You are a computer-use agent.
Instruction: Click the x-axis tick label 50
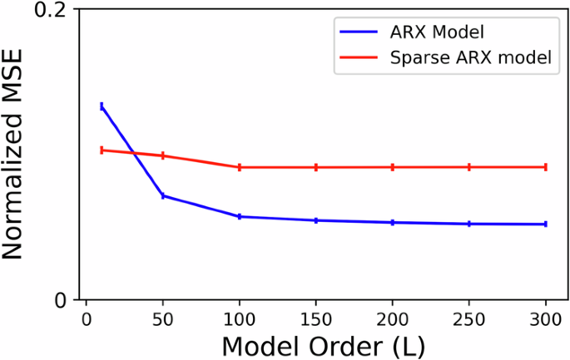[162, 321]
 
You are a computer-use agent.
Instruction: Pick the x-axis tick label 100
[240, 321]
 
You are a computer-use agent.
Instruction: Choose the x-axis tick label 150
[316, 321]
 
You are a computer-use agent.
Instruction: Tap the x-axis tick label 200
[393, 321]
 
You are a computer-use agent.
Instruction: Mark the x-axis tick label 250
[469, 321]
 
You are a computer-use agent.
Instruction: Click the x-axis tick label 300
[546, 321]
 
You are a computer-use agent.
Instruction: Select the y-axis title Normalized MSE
[17, 155]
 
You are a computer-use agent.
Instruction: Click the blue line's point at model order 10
[102, 106]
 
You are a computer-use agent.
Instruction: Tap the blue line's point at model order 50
[163, 196]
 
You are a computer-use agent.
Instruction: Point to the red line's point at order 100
[240, 167]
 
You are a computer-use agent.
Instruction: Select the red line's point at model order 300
[546, 167]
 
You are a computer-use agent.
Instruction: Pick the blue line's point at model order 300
[546, 224]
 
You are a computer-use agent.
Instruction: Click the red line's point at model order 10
[102, 150]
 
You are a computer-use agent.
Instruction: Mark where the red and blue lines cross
[134, 153]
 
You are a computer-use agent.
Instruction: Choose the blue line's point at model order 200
[393, 222]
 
